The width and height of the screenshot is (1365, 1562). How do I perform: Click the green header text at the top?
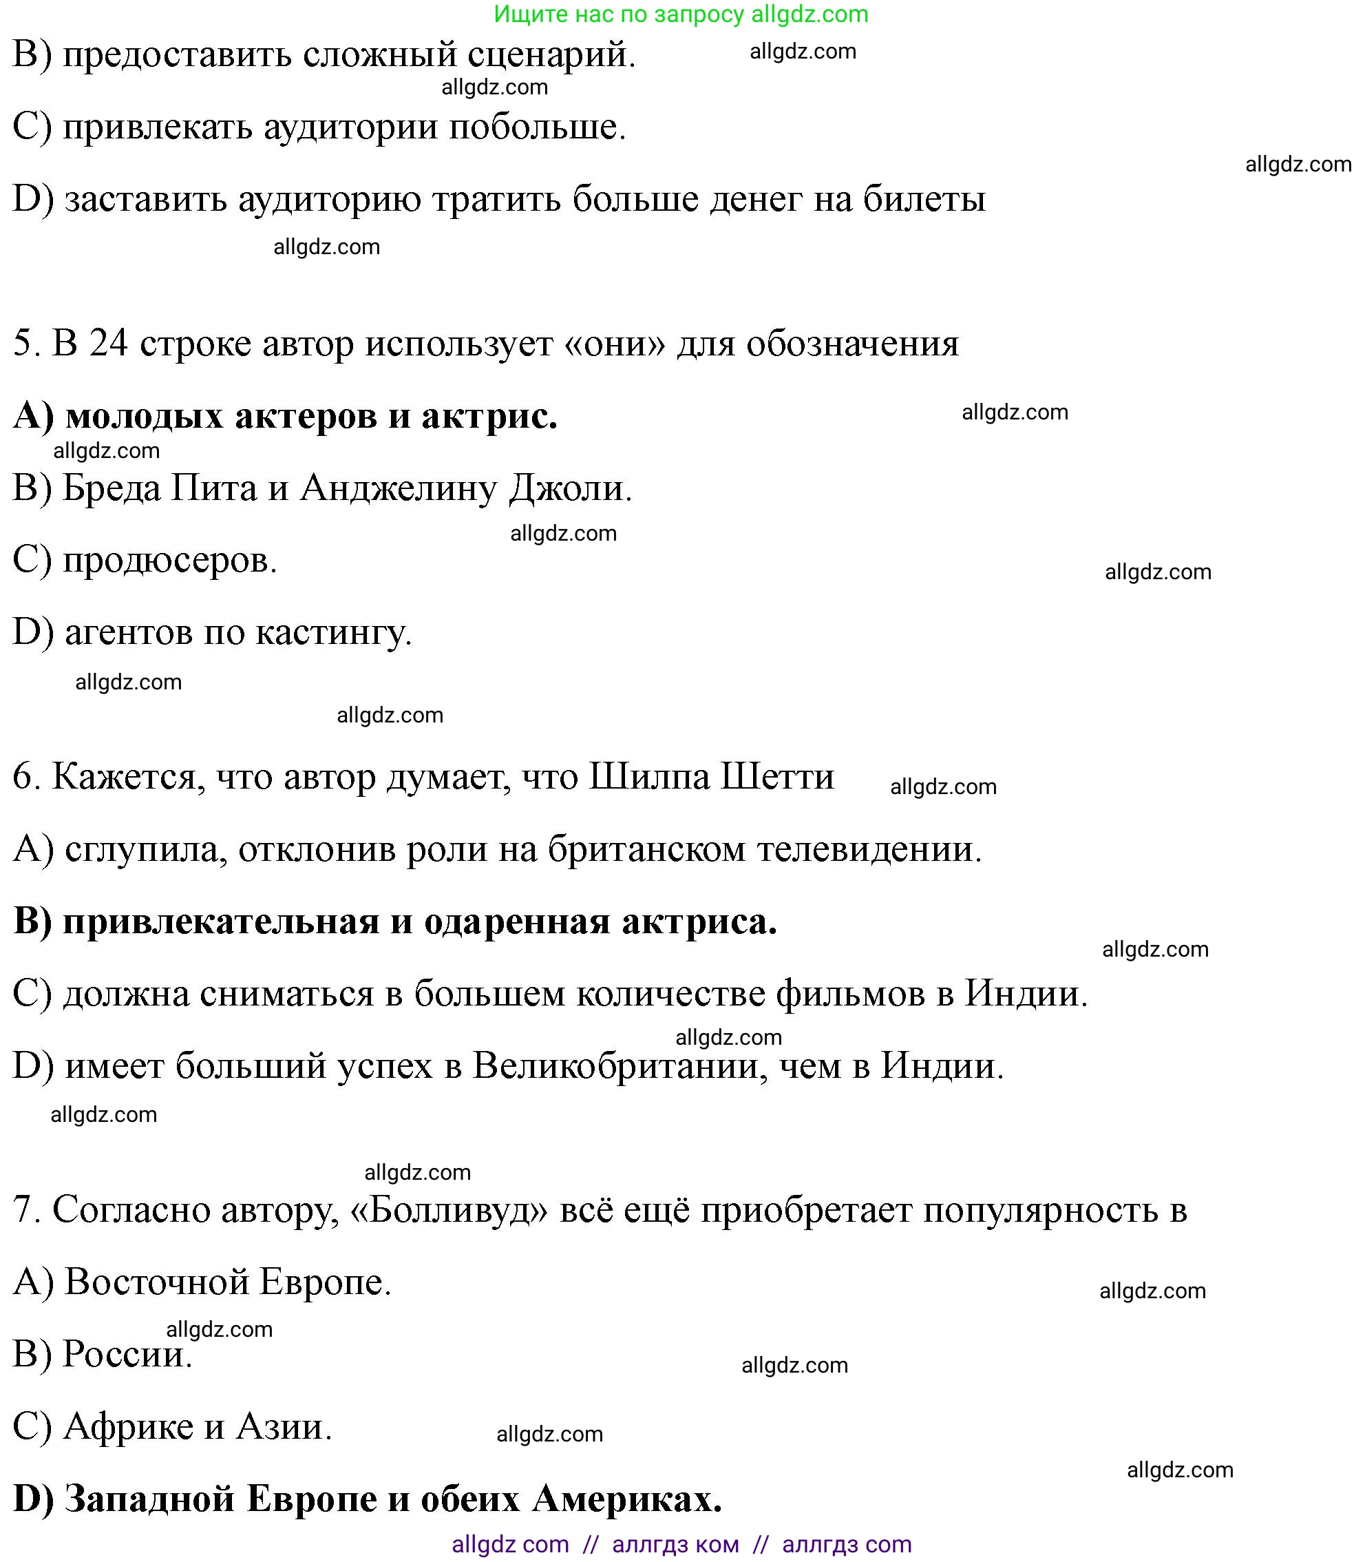[680, 14]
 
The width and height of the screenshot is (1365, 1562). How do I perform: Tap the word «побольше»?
[537, 127]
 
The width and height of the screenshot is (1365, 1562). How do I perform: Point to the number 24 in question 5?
[107, 344]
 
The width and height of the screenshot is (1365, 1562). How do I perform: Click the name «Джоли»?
[570, 488]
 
